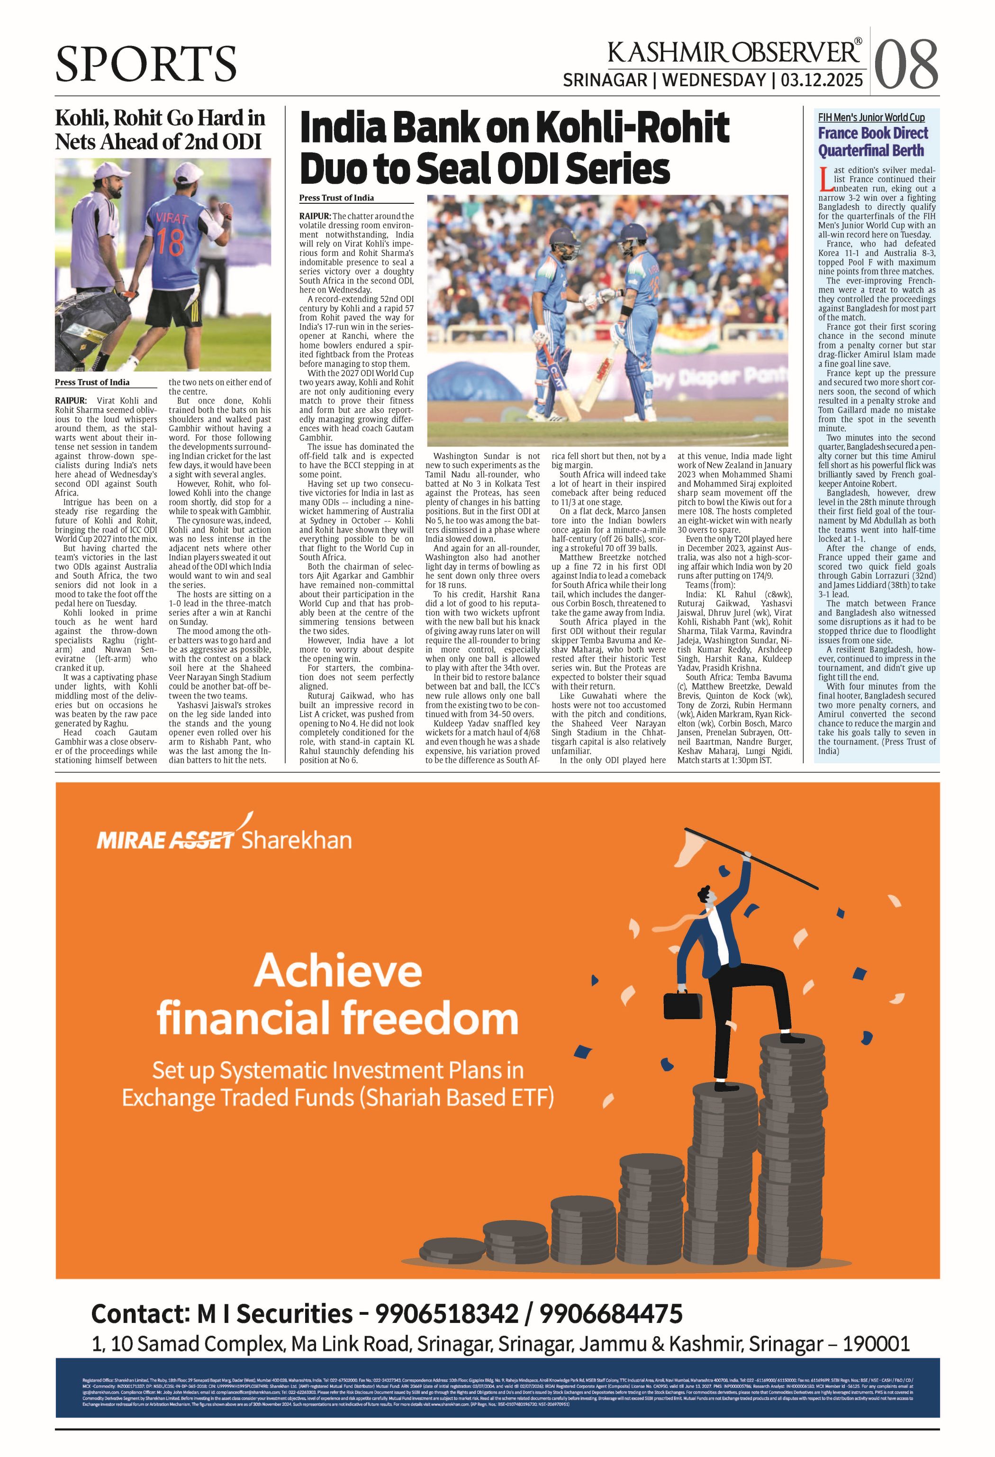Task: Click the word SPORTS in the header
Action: click(145, 64)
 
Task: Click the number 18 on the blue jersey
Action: click(170, 241)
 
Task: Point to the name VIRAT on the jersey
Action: click(171, 219)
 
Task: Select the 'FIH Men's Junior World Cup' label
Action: click(870, 117)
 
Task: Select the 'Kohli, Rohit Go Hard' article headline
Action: click(160, 130)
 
